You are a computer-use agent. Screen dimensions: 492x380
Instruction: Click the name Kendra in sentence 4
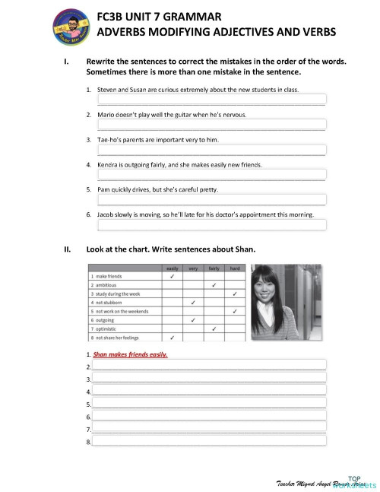(x=111, y=164)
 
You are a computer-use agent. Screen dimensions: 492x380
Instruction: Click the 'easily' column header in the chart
(x=172, y=268)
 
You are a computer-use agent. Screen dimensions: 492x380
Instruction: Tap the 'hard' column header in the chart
(x=235, y=268)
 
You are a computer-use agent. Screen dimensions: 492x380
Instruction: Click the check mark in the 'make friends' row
(x=172, y=277)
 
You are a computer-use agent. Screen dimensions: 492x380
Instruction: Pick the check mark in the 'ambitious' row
(x=214, y=285)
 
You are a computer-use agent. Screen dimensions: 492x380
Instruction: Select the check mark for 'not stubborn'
(x=193, y=303)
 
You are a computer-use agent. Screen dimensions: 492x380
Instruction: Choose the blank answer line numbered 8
(x=209, y=442)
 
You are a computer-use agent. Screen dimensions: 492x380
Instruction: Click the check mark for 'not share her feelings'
(x=172, y=337)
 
